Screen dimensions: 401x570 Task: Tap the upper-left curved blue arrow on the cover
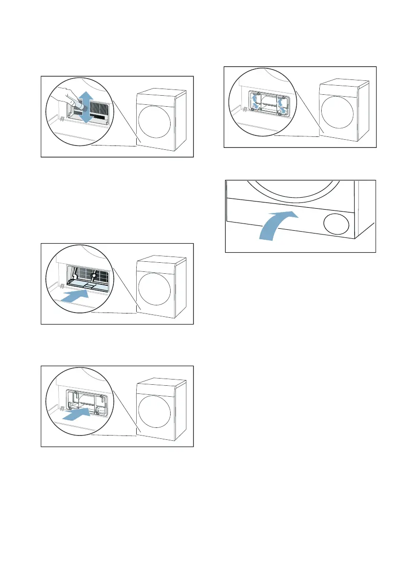(x=255, y=98)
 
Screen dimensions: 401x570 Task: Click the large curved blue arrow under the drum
(x=277, y=225)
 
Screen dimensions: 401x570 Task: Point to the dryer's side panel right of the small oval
(x=364, y=211)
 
